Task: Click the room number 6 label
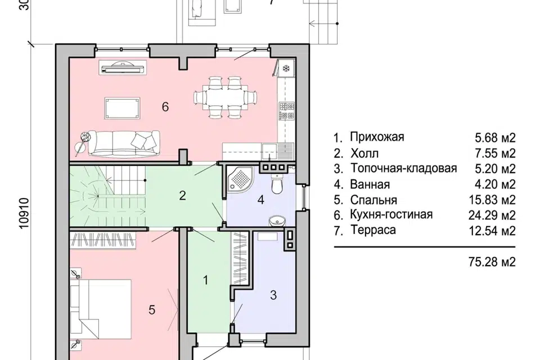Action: coord(165,107)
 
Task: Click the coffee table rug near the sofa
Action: coord(123,107)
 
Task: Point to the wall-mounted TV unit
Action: coord(123,68)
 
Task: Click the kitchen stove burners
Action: coord(286,111)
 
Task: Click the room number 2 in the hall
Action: coord(182,196)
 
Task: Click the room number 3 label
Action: coord(273,295)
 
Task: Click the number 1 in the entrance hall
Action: coord(205,280)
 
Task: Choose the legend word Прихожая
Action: coord(376,137)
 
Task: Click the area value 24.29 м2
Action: coord(496,215)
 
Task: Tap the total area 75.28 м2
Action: coord(491,262)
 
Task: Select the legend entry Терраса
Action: coord(372,230)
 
